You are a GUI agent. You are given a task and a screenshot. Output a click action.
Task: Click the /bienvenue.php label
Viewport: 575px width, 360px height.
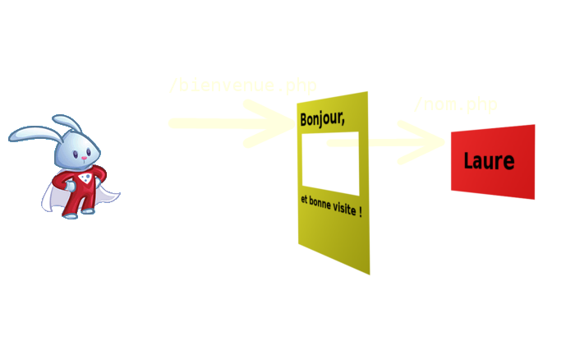(x=242, y=85)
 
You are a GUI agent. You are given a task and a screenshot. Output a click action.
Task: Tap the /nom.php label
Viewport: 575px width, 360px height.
(x=455, y=105)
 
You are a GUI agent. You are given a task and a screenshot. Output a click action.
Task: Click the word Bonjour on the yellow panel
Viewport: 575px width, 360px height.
(x=320, y=119)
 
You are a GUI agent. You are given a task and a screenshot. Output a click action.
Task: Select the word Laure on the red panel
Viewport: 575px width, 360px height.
(x=489, y=161)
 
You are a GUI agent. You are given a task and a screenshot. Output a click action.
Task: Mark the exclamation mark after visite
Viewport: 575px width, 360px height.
(x=361, y=213)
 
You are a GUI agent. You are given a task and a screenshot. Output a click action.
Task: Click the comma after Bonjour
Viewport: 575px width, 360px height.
(x=343, y=123)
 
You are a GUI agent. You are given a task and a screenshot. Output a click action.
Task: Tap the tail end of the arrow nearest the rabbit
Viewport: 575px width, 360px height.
(x=172, y=123)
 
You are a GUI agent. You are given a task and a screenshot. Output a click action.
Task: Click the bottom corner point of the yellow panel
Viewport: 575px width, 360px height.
(x=370, y=275)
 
